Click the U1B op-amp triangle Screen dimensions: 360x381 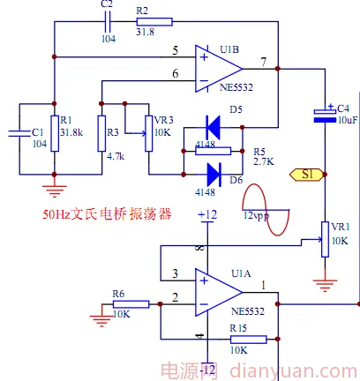[219, 69]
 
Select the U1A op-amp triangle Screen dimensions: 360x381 [219, 293]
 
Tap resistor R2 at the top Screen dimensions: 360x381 [154, 22]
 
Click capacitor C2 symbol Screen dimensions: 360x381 [108, 22]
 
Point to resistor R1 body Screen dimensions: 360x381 [55, 133]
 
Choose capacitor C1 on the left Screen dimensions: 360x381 [19, 133]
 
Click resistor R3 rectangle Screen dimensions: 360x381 [101, 133]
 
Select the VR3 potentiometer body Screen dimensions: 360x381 [149, 133]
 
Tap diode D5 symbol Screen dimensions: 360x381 [213, 127]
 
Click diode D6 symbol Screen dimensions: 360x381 [214, 175]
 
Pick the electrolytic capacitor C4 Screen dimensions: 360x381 [325, 116]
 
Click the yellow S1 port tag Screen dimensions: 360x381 [306, 175]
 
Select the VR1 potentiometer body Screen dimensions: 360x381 [325, 239]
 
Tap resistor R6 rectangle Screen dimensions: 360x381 [131, 304]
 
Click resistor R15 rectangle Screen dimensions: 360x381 [249, 340]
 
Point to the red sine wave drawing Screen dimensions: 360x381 [266, 210]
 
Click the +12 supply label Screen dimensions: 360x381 [207, 214]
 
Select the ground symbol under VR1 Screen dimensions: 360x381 [325, 285]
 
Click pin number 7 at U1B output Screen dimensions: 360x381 [264, 62]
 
